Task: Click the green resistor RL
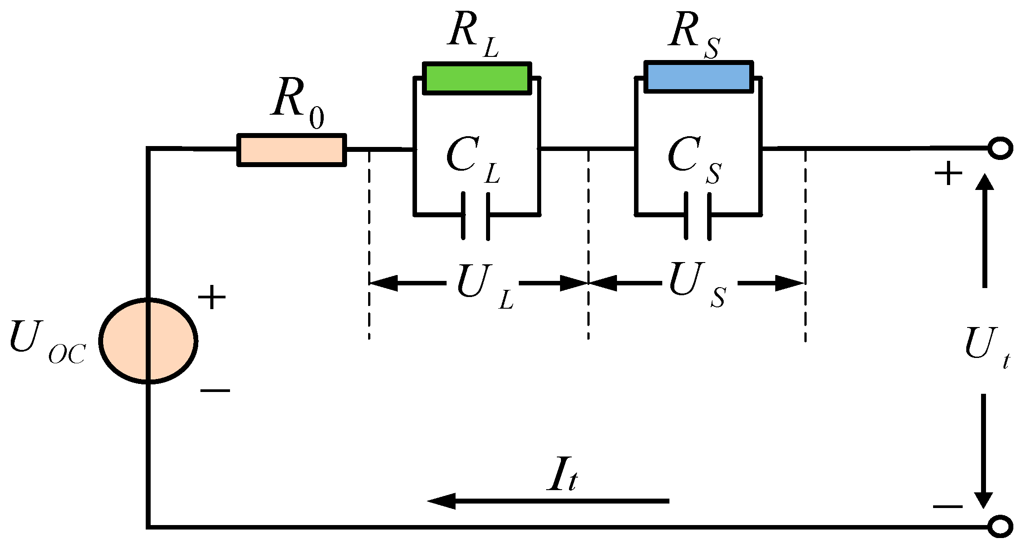[x=477, y=78]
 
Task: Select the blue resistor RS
[x=698, y=77]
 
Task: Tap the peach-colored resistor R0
[x=291, y=150]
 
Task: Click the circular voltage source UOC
[x=148, y=341]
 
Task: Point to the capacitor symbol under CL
[x=475, y=216]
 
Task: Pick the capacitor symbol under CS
[x=697, y=215]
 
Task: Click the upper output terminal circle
[x=1000, y=148]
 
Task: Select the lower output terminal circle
[x=1000, y=526]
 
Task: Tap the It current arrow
[x=547, y=501]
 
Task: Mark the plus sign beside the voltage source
[x=212, y=297]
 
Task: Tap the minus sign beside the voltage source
[x=215, y=391]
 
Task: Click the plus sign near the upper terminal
[x=948, y=173]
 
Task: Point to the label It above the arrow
[x=563, y=475]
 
